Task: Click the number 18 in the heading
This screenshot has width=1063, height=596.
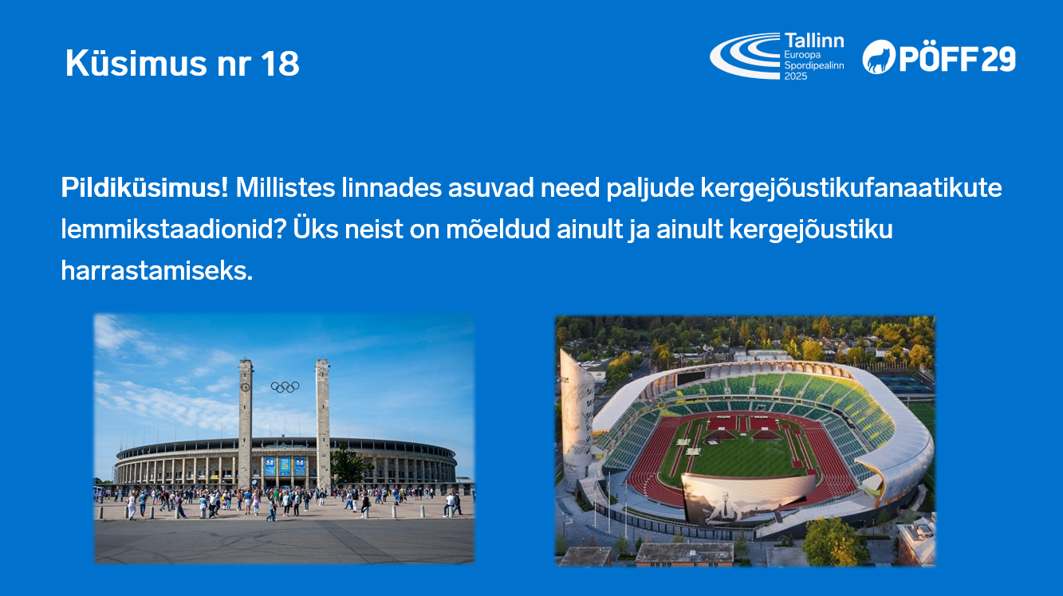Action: [x=279, y=64]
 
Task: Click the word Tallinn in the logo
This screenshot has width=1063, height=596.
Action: [x=813, y=41]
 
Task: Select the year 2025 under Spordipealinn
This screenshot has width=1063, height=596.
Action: [x=796, y=76]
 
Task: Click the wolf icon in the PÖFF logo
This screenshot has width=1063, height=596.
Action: [x=879, y=57]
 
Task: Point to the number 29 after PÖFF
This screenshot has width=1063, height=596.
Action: [x=998, y=58]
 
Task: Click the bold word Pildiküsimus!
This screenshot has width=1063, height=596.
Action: [x=144, y=189]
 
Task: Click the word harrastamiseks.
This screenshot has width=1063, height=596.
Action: [x=156, y=272]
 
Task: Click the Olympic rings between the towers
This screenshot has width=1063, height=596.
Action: [x=285, y=386]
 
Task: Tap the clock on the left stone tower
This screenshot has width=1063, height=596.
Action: [x=245, y=387]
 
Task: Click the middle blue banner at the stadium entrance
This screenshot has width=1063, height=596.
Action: [x=285, y=466]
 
